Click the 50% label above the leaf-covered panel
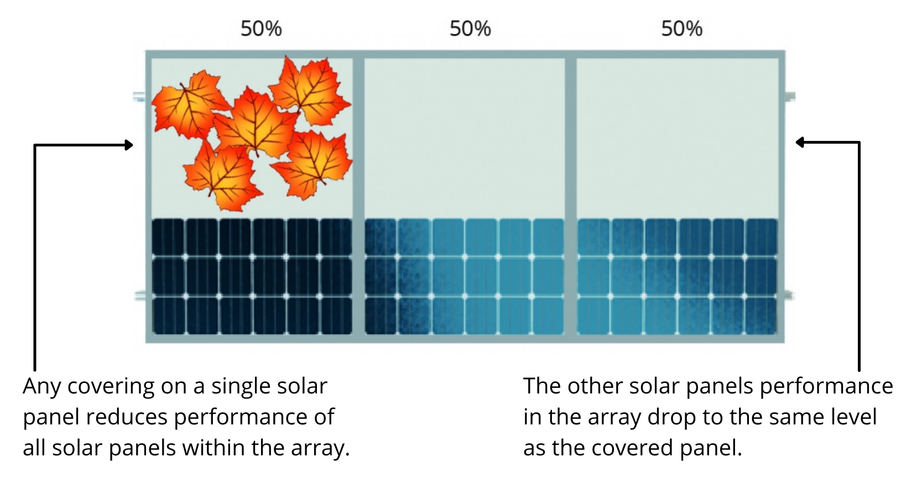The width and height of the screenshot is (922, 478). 261,28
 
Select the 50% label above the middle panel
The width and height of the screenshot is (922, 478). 470,28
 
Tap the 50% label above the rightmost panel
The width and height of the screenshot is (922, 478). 681,28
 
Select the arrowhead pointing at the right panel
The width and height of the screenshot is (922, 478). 800,143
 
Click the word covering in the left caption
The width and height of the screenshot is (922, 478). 111,387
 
